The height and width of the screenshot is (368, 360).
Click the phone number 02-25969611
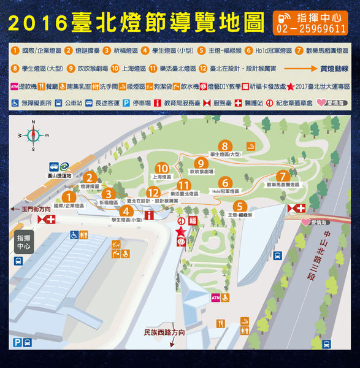(x=312, y=29)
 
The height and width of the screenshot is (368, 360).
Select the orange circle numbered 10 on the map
(x=162, y=167)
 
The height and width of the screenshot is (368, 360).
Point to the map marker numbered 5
(x=240, y=207)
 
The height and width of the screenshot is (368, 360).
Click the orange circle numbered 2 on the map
(x=90, y=178)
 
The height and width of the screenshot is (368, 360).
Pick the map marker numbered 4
(x=126, y=211)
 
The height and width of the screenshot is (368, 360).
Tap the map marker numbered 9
(x=200, y=163)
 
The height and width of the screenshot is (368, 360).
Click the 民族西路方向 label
(x=164, y=332)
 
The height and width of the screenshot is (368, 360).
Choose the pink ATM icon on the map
(x=215, y=297)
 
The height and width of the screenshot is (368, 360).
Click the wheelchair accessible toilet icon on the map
(x=74, y=234)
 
